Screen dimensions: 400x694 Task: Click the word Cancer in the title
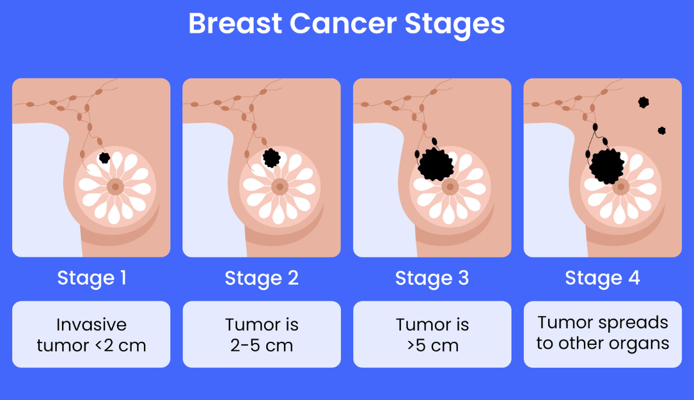342,24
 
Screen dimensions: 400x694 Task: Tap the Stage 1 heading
91,278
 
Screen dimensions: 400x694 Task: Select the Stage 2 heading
262,278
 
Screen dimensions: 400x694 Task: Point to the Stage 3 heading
432,278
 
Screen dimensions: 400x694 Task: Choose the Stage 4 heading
603,278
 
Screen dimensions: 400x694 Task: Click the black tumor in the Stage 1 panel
104,157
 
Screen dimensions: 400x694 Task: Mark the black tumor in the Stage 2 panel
272,157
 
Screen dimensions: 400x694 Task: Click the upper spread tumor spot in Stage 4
643,102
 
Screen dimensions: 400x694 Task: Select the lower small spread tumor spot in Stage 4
661,131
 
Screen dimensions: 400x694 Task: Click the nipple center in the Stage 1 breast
114,187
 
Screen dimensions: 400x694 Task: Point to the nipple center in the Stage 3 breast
450,187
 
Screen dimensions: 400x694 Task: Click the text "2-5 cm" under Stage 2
262,346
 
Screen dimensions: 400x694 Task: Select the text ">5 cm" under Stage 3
432,346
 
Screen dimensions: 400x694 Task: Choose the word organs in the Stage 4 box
637,344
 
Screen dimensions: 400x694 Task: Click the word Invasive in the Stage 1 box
91,324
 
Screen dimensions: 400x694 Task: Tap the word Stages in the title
454,24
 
